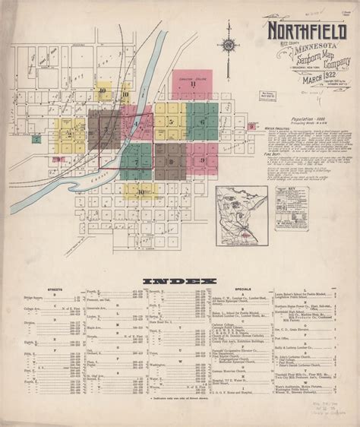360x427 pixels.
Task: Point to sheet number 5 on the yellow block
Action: pos(172,122)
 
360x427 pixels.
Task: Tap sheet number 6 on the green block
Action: pos(201,122)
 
